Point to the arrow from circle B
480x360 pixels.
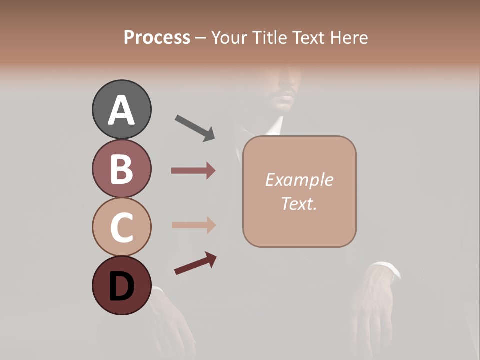(x=193, y=171)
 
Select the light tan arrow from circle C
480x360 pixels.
(x=193, y=225)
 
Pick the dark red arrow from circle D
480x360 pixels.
(x=195, y=263)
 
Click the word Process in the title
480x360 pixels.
(x=157, y=37)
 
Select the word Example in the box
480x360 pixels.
(x=299, y=180)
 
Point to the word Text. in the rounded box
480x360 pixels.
(x=299, y=204)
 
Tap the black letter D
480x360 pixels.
(x=121, y=287)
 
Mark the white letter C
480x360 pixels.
(x=121, y=227)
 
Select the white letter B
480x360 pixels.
(x=121, y=169)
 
